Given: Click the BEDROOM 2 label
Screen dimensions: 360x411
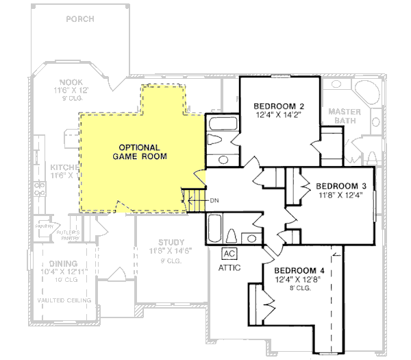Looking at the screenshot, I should point(279,106).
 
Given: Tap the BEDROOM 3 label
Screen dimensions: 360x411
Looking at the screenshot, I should point(340,186).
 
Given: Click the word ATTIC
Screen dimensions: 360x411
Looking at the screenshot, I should point(229,267).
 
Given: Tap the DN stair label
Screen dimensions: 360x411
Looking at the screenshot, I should point(214,200).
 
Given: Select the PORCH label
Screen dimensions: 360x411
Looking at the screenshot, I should point(79,19).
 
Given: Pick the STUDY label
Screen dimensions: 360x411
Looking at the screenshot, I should point(171,242).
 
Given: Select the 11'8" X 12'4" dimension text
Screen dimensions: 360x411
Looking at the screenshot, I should point(340,195).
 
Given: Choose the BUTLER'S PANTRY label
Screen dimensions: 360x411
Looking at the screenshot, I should point(68,235).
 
